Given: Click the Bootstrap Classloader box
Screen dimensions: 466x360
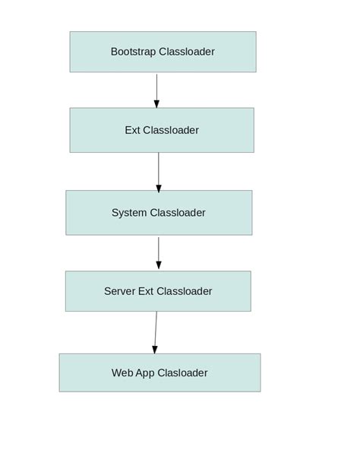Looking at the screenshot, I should (163, 52).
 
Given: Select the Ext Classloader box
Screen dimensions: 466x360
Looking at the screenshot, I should (162, 130).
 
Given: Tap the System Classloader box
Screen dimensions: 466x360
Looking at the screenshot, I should (159, 213).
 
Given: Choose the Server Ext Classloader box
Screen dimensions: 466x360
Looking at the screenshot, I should (158, 291).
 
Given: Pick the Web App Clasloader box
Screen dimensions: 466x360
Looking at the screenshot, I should (159, 372).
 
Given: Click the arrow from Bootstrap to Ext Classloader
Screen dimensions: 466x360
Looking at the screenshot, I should (157, 90).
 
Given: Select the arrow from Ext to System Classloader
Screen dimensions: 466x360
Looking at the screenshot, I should (159, 172).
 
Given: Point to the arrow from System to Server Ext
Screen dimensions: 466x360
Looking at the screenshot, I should (159, 252).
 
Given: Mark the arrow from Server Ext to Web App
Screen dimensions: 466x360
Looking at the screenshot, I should (156, 332).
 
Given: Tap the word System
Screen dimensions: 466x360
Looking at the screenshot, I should (129, 213).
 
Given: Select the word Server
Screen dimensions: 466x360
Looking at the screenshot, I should (119, 291).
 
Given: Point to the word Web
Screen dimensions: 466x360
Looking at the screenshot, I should (122, 372).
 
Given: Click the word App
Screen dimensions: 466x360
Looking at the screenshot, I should (146, 372).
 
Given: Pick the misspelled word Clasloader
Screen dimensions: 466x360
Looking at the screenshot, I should (182, 372).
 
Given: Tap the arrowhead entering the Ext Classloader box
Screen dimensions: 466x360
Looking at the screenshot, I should (157, 103).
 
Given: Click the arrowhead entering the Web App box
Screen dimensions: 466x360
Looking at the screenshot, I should (155, 349).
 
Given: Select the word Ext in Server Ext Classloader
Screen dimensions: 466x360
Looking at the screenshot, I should (147, 291).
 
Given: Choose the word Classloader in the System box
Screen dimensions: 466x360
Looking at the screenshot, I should (178, 213).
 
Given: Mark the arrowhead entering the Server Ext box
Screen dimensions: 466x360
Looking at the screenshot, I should (159, 265).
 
